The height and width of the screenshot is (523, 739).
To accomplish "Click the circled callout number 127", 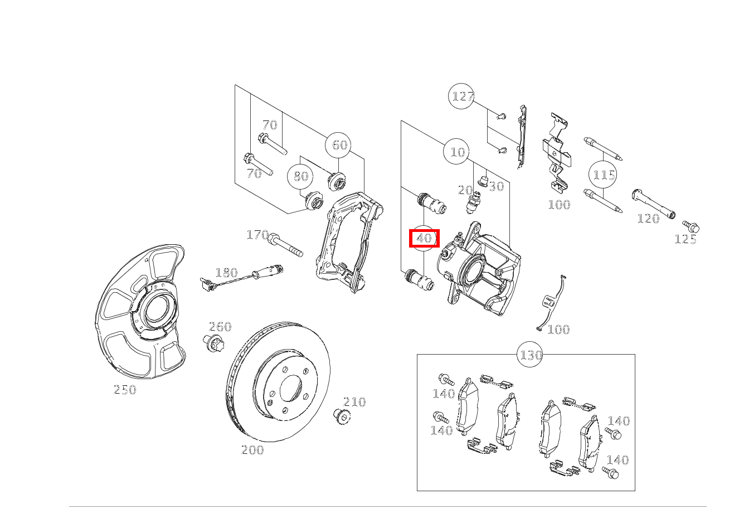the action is (461, 96).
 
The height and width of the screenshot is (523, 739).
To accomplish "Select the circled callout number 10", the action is (456, 152).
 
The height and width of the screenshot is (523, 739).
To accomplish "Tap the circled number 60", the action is (338, 145).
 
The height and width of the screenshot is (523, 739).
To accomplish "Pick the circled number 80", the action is (300, 176).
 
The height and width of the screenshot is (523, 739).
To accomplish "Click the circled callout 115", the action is (602, 174).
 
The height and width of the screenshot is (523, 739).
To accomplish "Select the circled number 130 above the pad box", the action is (530, 355).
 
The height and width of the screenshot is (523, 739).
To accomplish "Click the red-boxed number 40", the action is (424, 238).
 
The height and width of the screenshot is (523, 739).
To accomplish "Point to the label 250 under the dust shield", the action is (125, 390).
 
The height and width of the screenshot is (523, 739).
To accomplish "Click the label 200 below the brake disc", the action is (252, 450).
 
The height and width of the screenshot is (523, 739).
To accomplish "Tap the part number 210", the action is (354, 402).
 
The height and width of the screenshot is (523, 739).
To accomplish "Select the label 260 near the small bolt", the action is (220, 327).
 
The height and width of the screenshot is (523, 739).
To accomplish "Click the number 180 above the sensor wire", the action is (226, 273).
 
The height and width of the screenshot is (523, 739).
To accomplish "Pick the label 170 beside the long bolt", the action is (257, 235).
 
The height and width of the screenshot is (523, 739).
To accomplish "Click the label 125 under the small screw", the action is (685, 239).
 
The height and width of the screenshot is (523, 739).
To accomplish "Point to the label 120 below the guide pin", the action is (648, 219).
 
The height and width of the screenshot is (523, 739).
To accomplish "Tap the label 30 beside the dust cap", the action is (497, 186).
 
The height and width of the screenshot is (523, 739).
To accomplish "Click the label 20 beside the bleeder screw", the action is (465, 190).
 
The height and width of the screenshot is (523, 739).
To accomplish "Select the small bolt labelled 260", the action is (213, 343).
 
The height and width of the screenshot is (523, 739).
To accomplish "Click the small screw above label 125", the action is (691, 226).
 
